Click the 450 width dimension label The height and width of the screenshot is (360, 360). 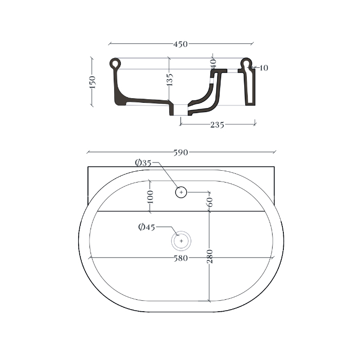(x=180, y=44)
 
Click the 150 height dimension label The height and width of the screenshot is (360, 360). (x=93, y=82)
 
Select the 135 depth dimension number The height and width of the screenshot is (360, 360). (x=170, y=79)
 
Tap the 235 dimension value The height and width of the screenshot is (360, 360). (x=217, y=124)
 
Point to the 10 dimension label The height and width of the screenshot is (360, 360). (x=264, y=68)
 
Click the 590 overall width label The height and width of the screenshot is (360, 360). (x=181, y=152)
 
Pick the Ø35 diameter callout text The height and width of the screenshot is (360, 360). (x=143, y=163)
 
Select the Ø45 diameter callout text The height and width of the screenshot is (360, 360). (x=146, y=227)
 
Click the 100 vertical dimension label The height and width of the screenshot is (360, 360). (x=150, y=197)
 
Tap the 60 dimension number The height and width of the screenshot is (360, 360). (x=209, y=202)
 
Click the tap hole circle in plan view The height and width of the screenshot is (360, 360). (x=181, y=192)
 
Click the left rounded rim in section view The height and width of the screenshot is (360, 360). (x=116, y=64)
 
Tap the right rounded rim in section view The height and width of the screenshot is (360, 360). (x=247, y=63)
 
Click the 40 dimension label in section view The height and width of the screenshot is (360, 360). (x=213, y=63)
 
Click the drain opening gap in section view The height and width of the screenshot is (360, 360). (x=179, y=110)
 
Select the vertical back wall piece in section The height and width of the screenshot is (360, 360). (x=249, y=87)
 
